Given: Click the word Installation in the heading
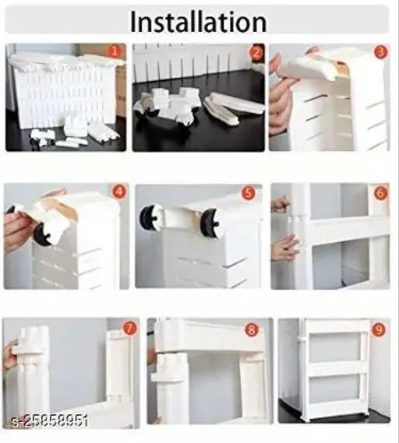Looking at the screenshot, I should point(198,21).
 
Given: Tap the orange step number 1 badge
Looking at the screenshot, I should point(114,52).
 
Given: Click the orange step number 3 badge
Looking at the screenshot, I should point(380,52).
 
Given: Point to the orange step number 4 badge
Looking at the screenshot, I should point(118,192).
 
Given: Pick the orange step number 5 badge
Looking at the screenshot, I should point(248,192).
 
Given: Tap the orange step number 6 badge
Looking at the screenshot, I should point(380,192).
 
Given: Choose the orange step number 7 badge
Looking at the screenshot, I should point(129,328).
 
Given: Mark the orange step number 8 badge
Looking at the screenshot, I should point(252,329).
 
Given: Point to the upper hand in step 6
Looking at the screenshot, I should point(281,204).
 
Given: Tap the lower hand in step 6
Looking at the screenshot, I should point(284,248).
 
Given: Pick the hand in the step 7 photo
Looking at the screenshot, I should point(9,355).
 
